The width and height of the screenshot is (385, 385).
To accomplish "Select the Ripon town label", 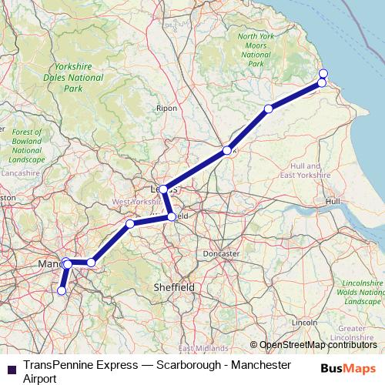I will (x=166, y=109).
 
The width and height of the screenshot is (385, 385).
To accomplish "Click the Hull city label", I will (x=333, y=201).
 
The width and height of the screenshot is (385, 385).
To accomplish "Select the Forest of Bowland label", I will (x=28, y=146).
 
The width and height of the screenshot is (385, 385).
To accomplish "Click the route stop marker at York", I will (x=227, y=150).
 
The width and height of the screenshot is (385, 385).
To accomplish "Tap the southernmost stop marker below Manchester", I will (x=62, y=291).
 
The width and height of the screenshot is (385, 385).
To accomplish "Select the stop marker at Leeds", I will (x=164, y=189).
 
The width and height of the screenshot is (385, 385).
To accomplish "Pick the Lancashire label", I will (x=17, y=174).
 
